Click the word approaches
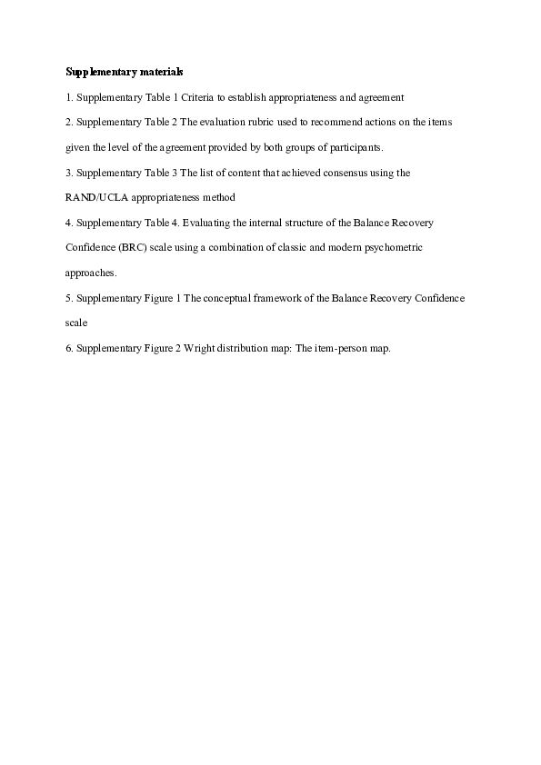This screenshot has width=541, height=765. pos(91,273)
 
